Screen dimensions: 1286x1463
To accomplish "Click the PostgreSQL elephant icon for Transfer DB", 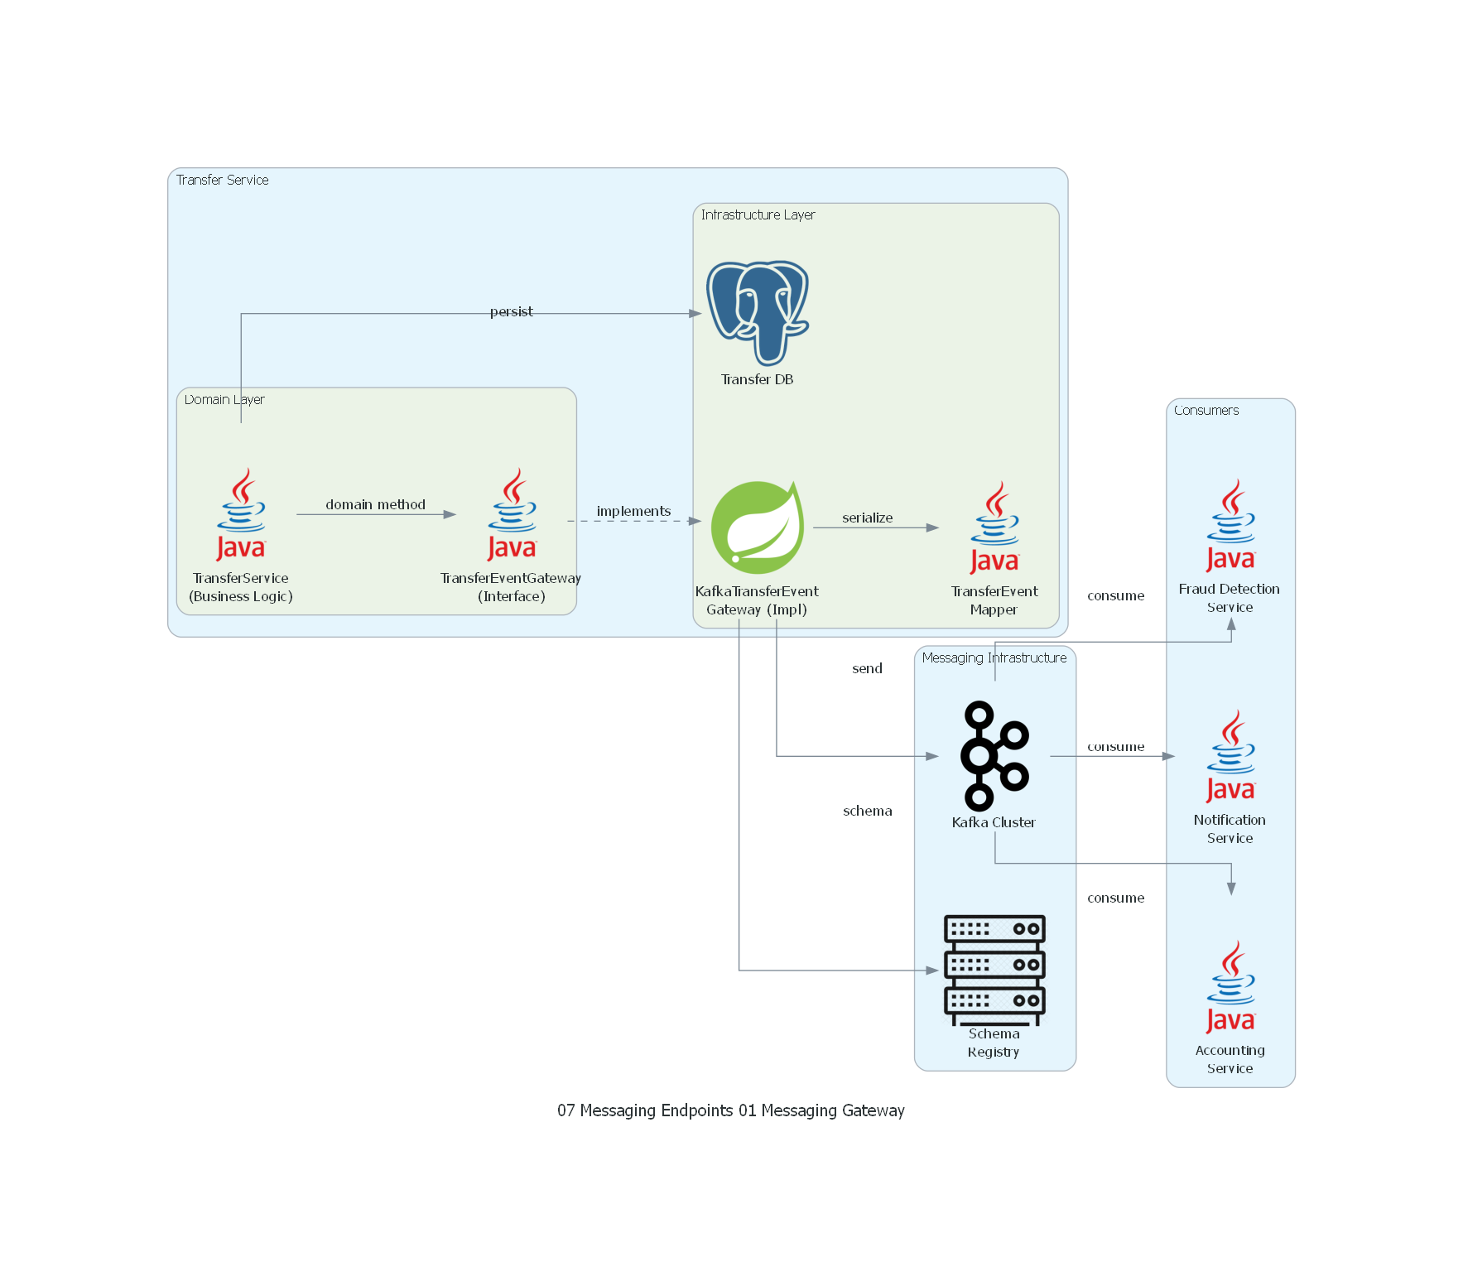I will [757, 313].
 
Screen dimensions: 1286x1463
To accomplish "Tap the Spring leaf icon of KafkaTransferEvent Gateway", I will [757, 527].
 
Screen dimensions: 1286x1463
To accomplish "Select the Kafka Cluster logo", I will [994, 755].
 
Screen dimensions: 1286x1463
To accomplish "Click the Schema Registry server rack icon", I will [994, 969].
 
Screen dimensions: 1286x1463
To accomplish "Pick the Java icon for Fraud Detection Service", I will [1230, 525].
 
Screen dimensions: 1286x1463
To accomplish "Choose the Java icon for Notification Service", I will [1230, 755].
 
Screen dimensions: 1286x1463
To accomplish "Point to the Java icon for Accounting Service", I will [1230, 986].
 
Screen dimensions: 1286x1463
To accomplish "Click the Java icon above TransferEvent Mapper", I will [994, 527].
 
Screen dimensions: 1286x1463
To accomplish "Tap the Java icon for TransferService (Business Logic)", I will [241, 514].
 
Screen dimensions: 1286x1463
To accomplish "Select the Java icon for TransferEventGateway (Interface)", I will [512, 514].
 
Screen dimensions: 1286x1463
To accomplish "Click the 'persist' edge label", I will [511, 311].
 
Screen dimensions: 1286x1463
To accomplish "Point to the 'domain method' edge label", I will [375, 504].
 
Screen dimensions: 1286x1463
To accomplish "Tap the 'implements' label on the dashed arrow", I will [633, 511].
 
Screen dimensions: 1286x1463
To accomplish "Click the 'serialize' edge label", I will [867, 518].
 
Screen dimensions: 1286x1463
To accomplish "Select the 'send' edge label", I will [867, 668].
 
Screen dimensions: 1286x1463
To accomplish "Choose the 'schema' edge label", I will [867, 811].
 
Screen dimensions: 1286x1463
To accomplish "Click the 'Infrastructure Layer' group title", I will [758, 214].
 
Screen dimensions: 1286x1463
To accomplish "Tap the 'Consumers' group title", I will [1206, 410].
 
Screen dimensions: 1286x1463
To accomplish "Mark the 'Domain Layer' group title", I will [224, 399].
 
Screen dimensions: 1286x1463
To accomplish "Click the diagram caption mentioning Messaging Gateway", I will [730, 1110].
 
